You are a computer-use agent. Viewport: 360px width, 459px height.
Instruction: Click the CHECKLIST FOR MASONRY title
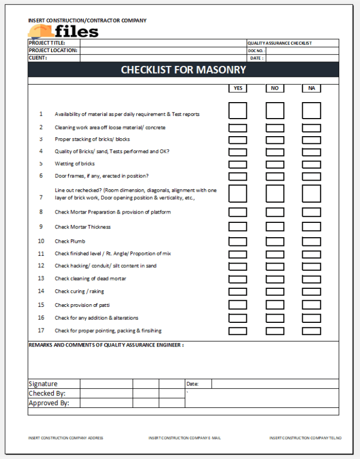click(x=183, y=70)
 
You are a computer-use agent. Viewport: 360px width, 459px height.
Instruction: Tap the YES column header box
click(x=237, y=88)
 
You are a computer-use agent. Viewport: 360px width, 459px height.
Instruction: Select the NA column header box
click(x=311, y=88)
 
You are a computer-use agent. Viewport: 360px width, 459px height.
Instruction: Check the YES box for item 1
click(x=237, y=111)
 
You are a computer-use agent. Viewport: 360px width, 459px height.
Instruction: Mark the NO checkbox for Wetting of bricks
click(x=275, y=164)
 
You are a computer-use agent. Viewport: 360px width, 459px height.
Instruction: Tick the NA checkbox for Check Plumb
click(x=311, y=242)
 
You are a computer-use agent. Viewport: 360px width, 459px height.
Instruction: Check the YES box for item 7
click(x=237, y=194)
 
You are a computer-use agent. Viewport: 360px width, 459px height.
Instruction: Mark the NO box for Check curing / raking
click(x=275, y=292)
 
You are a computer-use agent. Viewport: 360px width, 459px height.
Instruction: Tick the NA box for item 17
click(x=311, y=331)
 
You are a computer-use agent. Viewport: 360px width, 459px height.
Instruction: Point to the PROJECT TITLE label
click(x=47, y=43)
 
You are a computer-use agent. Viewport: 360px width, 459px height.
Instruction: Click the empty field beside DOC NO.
click(x=302, y=51)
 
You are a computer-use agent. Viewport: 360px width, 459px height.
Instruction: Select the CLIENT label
click(x=38, y=58)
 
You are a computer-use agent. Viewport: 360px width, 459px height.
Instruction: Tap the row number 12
click(x=41, y=266)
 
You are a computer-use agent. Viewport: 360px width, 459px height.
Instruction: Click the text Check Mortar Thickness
click(x=82, y=227)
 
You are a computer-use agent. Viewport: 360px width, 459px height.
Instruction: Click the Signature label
click(x=43, y=384)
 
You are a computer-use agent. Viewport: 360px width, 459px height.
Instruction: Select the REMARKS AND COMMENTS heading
click(x=106, y=345)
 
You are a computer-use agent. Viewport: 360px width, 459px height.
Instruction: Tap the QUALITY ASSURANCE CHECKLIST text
click(x=280, y=43)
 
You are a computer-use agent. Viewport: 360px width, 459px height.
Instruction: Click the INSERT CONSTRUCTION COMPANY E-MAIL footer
click(x=185, y=438)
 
